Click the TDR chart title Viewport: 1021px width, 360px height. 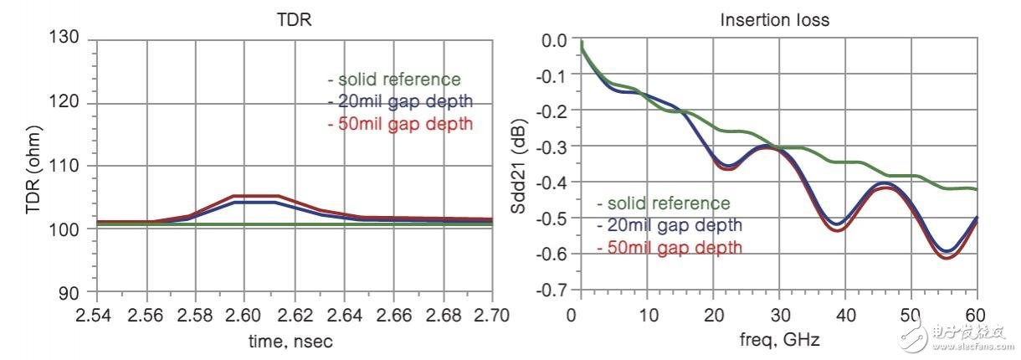(294, 18)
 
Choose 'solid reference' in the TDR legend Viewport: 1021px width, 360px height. (394, 80)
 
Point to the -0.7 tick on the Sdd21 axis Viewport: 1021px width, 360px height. (552, 291)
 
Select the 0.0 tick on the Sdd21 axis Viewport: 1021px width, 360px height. (554, 39)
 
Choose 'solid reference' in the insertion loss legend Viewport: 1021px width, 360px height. (664, 203)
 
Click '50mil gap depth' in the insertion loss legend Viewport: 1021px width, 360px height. (669, 247)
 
